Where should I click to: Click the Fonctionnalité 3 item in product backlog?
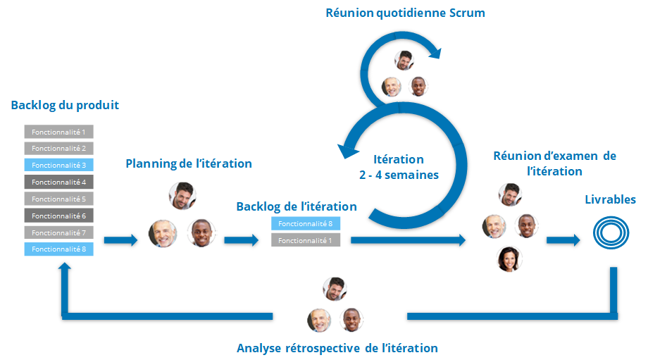pos(59,165)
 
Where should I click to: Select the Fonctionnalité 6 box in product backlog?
pos(59,216)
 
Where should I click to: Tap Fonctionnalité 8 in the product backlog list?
pos(59,249)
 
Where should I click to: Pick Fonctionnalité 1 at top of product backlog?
pos(59,132)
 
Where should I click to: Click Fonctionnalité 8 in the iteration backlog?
pos(306,224)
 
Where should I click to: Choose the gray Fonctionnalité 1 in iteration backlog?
pos(306,240)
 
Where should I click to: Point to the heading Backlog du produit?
pos(65,106)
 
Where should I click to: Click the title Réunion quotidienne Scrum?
pos(405,13)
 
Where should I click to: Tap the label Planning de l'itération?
pos(189,163)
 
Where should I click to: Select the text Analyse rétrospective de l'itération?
pos(337,348)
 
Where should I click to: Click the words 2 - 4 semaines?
pos(398,175)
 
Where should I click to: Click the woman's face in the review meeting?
pos(508,259)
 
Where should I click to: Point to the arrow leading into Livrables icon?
pos(563,240)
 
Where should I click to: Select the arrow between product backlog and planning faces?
pos(120,240)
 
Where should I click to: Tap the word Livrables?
pos(610,200)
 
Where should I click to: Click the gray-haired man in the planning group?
pos(163,233)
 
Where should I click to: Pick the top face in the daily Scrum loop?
pos(404,60)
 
